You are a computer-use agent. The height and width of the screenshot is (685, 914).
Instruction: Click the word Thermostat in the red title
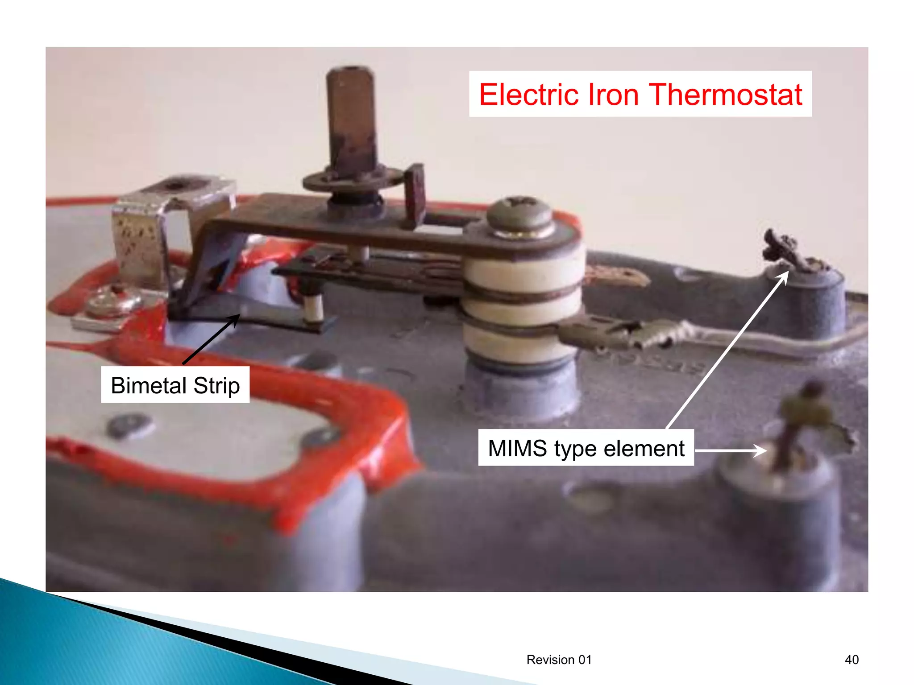[726, 95]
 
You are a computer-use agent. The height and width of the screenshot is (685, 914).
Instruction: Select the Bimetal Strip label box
[175, 385]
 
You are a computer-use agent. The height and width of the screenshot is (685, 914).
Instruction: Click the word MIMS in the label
[517, 448]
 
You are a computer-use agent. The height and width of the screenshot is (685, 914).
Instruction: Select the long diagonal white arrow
[727, 350]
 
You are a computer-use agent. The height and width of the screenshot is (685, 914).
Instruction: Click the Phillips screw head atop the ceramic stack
[519, 213]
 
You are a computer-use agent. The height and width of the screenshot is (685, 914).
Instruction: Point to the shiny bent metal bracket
[143, 236]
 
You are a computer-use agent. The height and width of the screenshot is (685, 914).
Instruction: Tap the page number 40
[852, 660]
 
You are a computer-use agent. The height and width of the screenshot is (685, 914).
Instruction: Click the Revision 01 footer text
[559, 660]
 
